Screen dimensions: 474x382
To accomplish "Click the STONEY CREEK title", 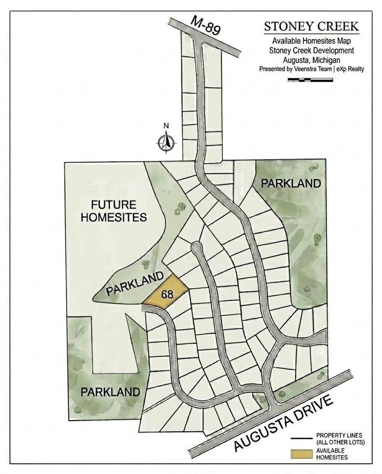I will click(x=311, y=26).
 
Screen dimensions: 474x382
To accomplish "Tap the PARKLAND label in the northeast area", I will click(x=291, y=183).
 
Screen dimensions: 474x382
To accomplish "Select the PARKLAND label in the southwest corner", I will click(x=110, y=393).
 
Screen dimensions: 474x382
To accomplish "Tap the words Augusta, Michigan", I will click(x=311, y=60).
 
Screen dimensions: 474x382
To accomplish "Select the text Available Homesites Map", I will click(x=311, y=41).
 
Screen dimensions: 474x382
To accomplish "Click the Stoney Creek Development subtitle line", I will click(x=311, y=51).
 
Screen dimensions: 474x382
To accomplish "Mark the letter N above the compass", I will click(x=167, y=125).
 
